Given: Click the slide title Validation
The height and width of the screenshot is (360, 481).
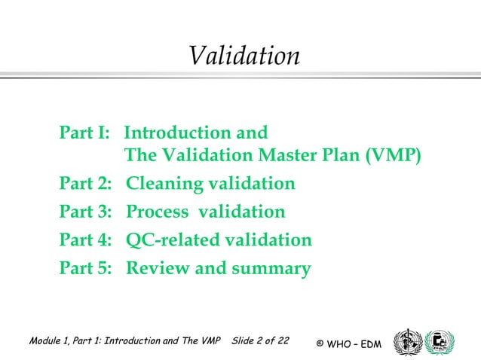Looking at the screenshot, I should pos(244,56).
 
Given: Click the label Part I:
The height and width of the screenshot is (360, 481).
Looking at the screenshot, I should pos(85,133).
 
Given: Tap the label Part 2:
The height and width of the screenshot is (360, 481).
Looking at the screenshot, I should pos(86,184).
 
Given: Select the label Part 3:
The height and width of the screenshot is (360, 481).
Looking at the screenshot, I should pos(86,212).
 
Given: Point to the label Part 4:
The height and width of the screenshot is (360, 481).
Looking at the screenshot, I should pos(86,240).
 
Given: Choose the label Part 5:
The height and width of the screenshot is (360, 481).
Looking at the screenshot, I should pos(86,268).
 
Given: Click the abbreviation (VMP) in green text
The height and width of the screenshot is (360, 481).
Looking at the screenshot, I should pos(393,156).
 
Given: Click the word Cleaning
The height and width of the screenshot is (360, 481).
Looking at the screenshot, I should pos(161,184).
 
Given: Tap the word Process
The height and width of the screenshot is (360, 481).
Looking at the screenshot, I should pos(156,212).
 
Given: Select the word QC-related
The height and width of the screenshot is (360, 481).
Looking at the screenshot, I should pos(171,240).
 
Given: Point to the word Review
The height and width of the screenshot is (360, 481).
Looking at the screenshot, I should pos(155,268).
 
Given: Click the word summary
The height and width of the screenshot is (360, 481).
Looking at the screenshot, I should pos(272,269).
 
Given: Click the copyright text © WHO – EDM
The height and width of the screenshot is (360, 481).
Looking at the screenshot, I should pos(349,344).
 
